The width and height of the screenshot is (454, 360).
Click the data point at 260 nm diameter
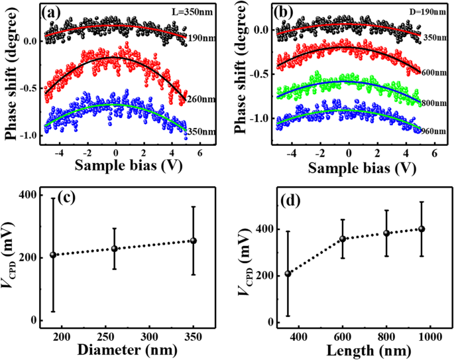tap(114, 249)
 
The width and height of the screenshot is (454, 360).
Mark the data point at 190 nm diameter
tap(53, 255)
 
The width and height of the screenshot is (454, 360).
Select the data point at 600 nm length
tap(343, 239)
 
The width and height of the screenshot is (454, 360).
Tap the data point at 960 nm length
tap(421, 229)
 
